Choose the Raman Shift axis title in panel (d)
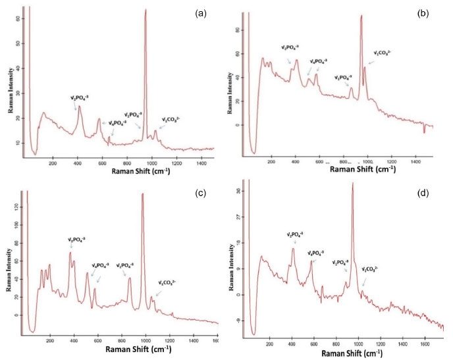(351, 353)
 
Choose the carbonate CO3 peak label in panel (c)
(167, 284)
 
